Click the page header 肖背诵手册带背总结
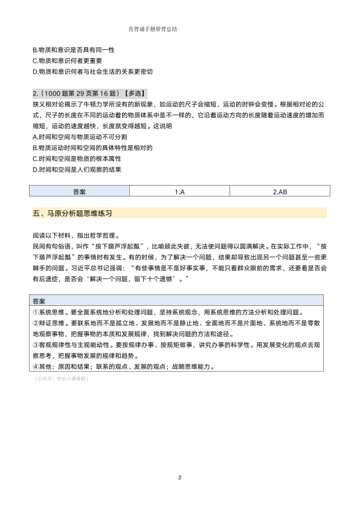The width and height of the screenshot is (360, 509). tap(156, 28)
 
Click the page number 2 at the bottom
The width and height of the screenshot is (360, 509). tap(179, 478)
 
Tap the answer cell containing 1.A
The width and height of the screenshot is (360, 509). tap(179, 192)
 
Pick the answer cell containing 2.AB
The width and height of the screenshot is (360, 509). tap(280, 192)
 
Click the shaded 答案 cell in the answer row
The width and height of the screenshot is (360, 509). tap(80, 192)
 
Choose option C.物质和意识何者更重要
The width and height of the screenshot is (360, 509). tap(67, 60)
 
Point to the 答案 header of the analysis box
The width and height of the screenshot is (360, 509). tap(40, 300)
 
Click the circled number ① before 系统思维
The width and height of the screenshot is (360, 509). tap(36, 312)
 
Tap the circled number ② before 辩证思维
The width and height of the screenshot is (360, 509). tap(36, 323)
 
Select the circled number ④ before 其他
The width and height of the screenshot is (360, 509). tap(36, 366)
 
